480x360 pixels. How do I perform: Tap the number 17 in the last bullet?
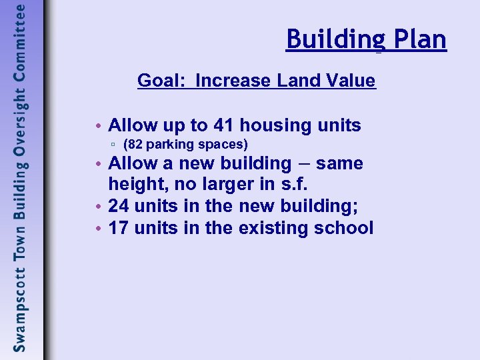pyautogui.click(x=119, y=228)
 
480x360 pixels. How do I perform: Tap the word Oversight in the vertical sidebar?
pyautogui.click(x=21, y=127)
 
